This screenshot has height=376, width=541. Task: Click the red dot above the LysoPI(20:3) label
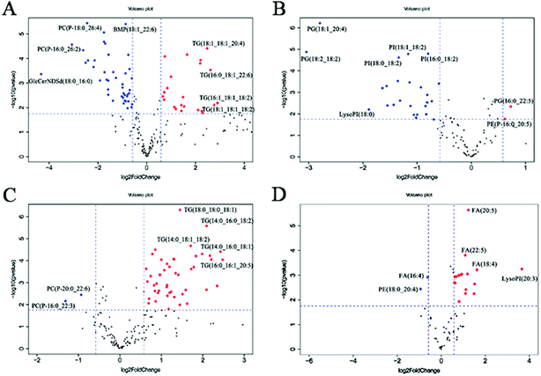pos(522,269)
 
